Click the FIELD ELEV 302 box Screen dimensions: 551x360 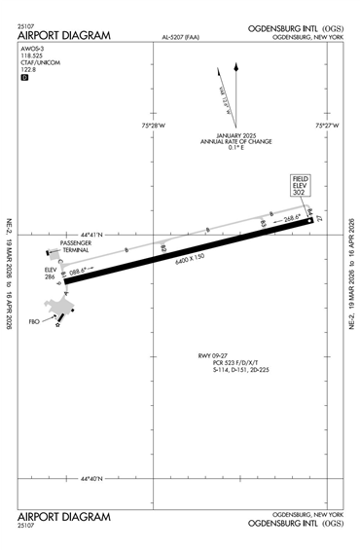coord(299,187)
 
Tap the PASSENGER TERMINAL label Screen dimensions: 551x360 coord(75,247)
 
